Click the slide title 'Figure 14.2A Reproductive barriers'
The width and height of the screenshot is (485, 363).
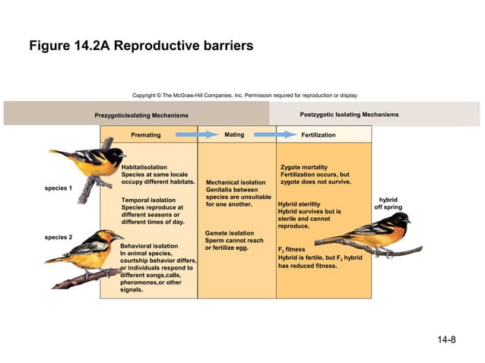coord(141,46)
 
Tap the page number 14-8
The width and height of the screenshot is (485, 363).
coord(446,339)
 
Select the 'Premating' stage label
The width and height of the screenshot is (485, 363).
coord(146,135)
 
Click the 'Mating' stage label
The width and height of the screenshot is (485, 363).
coord(234,135)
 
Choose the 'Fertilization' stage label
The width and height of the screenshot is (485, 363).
coord(318,135)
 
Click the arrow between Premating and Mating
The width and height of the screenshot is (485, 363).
coord(197,135)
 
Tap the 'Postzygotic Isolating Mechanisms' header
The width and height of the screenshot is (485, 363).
coord(349,115)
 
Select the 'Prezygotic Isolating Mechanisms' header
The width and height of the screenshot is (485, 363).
coord(141,115)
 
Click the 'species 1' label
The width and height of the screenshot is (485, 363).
coord(59,188)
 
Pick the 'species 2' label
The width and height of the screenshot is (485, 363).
coord(59,237)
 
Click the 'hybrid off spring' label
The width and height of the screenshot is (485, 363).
coord(388,204)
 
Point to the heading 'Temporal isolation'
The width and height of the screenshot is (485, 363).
coord(148,200)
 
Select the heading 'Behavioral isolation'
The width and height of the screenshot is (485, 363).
coord(149,246)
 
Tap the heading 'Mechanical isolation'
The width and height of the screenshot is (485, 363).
coord(236,182)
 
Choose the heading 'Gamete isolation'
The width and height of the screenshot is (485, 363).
coord(230,233)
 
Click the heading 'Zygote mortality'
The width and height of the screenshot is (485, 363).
coord(304,166)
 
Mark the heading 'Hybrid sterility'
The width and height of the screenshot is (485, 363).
coord(299,204)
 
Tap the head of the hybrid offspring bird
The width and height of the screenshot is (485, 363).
coord(400,220)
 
